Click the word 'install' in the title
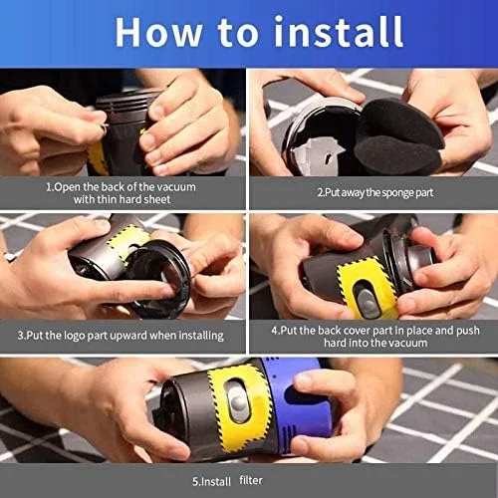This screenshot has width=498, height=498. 339,32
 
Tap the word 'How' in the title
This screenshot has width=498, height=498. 158,32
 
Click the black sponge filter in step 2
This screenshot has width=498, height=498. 398,136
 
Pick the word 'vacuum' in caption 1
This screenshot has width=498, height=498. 176,187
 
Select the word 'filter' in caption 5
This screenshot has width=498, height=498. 251,480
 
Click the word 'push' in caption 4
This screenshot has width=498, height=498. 468,331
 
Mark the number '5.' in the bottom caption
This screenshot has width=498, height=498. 196,481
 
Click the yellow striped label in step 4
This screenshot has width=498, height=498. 367,286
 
